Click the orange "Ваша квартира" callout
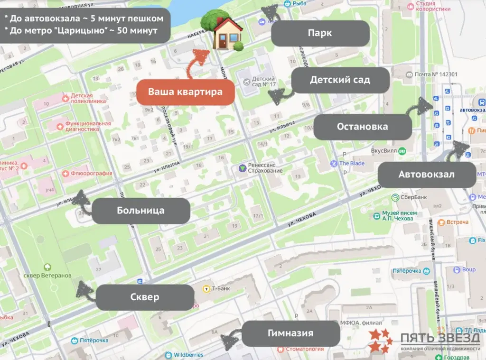point(186,92)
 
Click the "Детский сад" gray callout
point(340,80)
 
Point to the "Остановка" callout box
point(362,127)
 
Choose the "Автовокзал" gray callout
point(426,174)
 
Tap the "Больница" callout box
point(140,211)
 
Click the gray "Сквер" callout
point(144,297)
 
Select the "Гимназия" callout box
point(291,333)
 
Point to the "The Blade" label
point(351,163)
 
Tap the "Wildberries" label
point(188,355)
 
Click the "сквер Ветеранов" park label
point(47,276)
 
